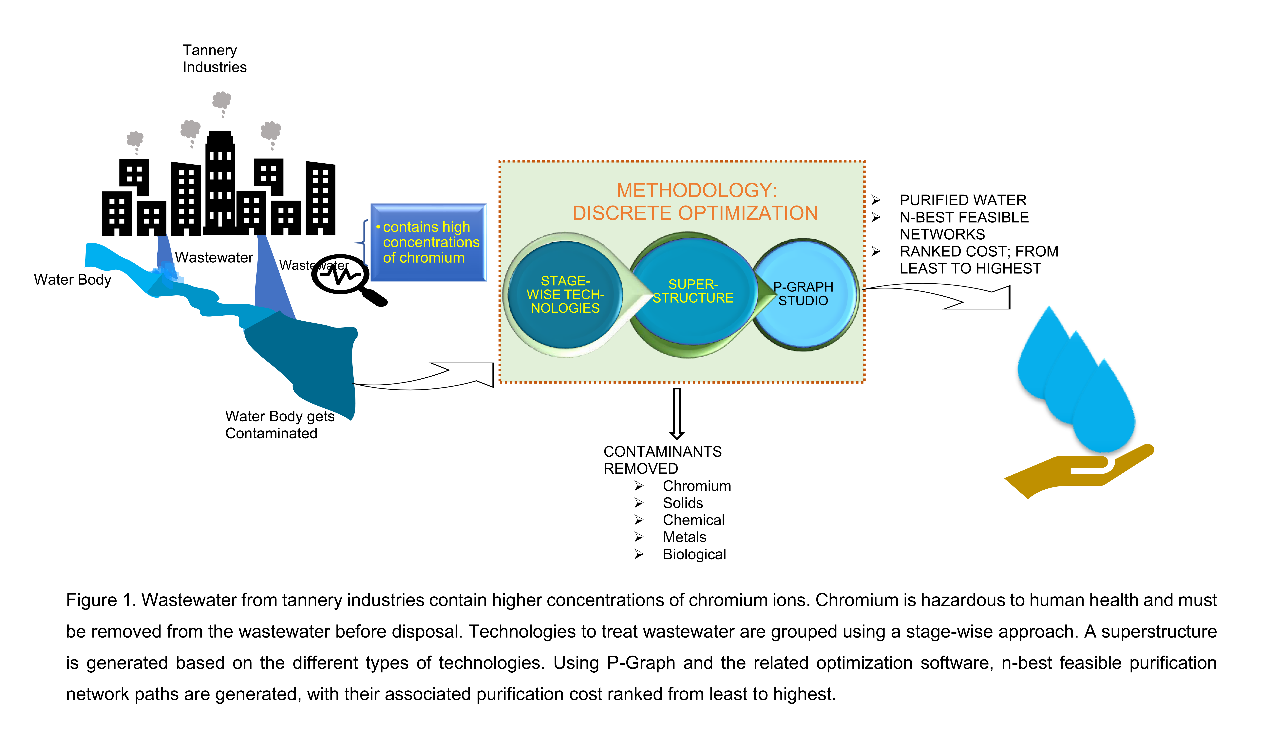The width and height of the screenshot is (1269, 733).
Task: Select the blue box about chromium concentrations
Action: [x=429, y=242]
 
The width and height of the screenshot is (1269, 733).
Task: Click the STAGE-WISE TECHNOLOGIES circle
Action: [x=565, y=294]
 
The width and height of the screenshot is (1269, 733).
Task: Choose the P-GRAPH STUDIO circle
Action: [x=804, y=294]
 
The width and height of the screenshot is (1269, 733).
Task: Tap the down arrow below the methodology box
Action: [x=677, y=413]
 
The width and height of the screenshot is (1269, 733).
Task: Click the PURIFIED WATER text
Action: [x=963, y=200]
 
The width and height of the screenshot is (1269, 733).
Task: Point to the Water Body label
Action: [x=72, y=280]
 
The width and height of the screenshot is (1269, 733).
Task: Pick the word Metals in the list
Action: [x=684, y=537]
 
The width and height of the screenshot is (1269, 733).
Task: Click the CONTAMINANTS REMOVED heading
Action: [x=662, y=460]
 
